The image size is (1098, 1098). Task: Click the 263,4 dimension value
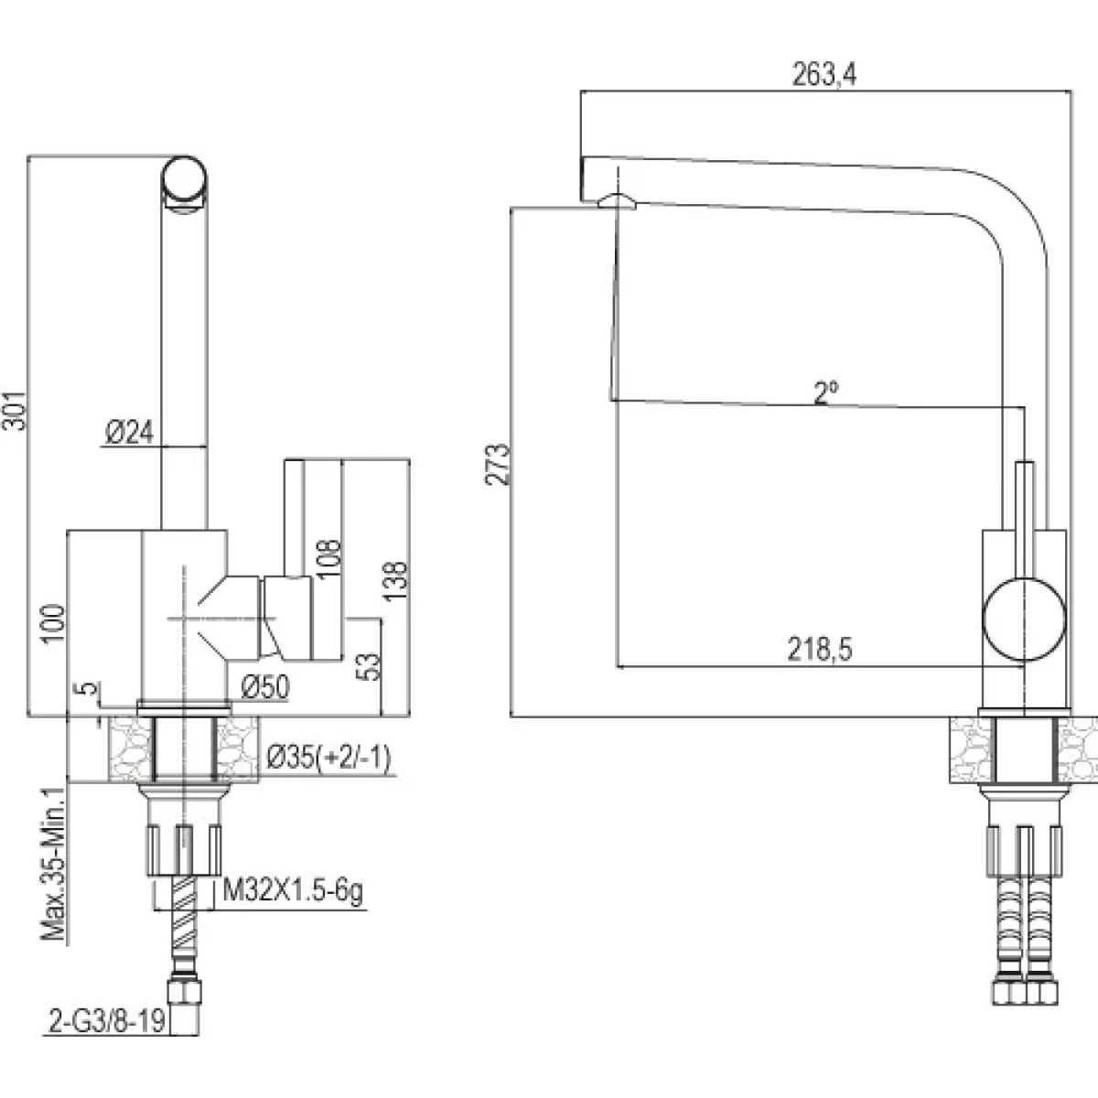coord(823,77)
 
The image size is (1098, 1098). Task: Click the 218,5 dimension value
coord(819,650)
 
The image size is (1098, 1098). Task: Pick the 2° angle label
coord(826,393)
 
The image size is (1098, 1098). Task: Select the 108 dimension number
coord(330,557)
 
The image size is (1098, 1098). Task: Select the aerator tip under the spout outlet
coord(615,200)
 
